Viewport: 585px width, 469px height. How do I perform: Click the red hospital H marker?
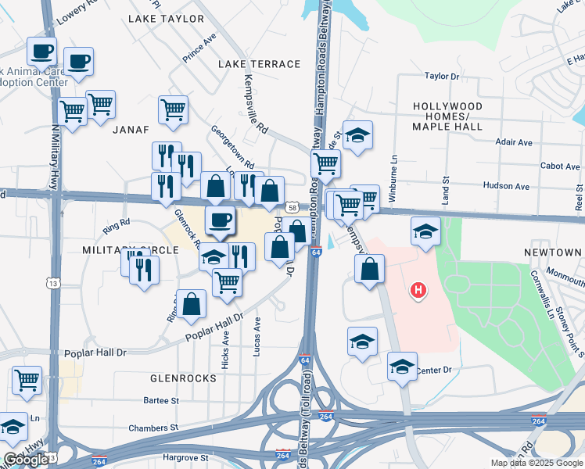[418, 291]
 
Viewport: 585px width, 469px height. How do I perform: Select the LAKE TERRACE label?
[260, 64]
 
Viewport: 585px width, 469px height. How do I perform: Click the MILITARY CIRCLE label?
[120, 249]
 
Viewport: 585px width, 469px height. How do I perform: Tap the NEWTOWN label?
[554, 252]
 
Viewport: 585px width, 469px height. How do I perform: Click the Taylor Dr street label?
[442, 77]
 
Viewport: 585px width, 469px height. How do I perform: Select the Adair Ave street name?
[514, 142]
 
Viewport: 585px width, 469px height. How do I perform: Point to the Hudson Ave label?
[506, 187]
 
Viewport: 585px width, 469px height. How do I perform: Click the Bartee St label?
[161, 401]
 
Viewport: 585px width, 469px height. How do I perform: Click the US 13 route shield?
[52, 281]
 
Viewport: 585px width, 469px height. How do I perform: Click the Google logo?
[27, 460]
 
